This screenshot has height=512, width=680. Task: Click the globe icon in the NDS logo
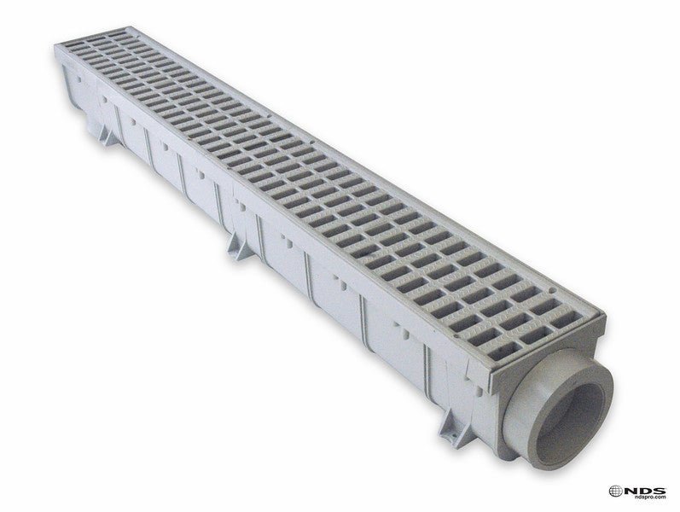click(x=615, y=491)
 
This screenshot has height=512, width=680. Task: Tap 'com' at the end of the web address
click(x=660, y=497)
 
